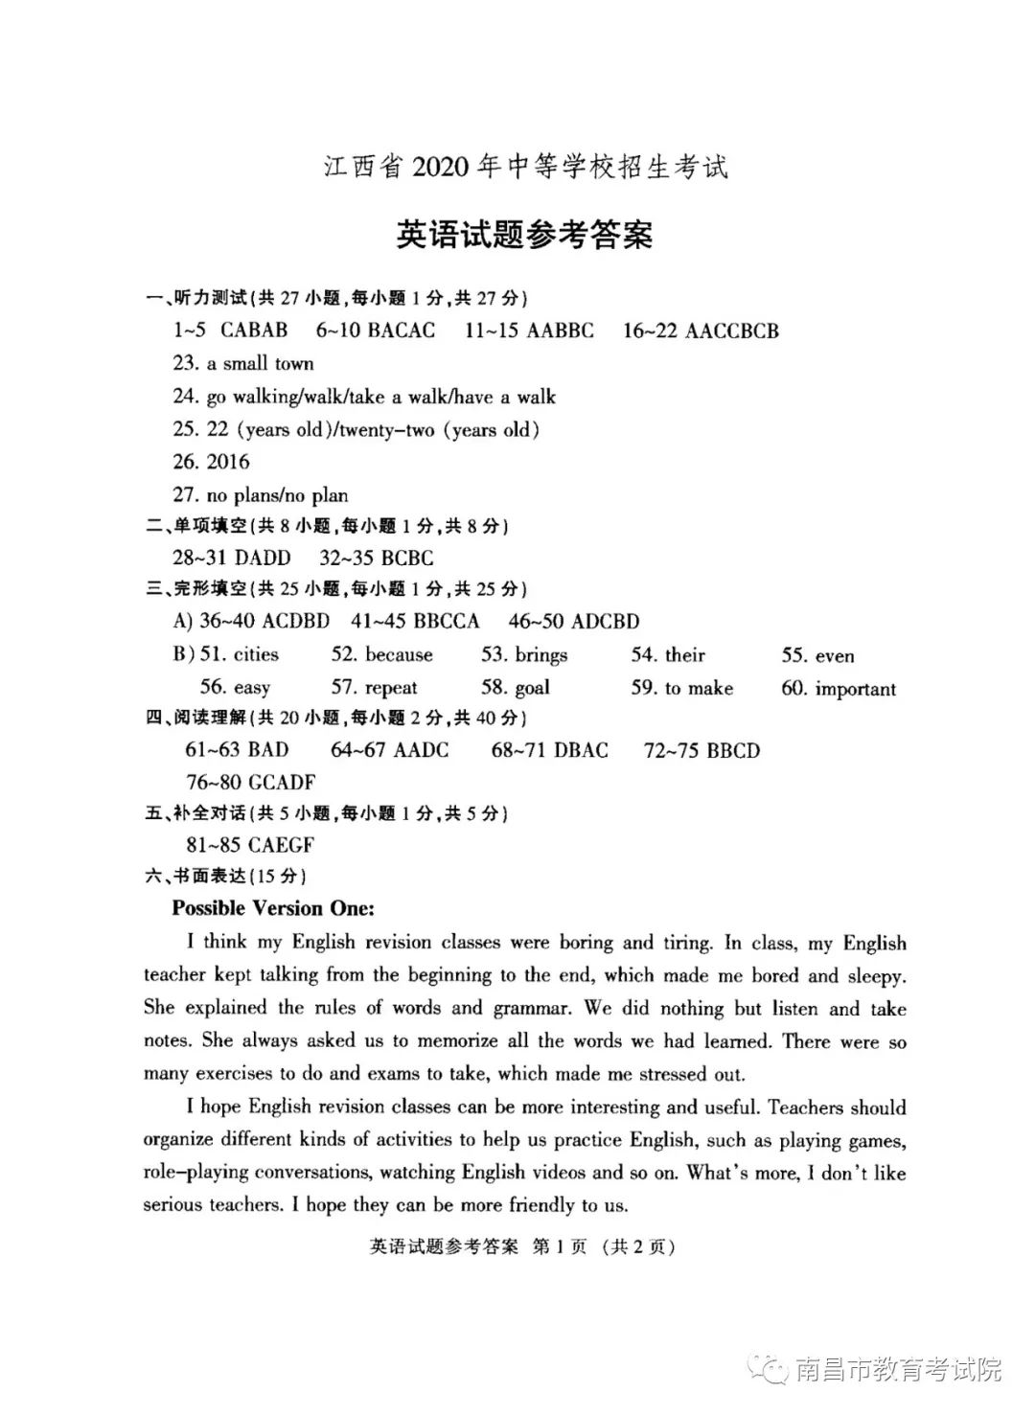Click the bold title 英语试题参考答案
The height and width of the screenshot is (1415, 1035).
coord(524,235)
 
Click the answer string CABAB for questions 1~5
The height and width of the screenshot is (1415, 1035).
coord(254,331)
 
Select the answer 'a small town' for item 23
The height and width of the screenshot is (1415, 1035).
coord(261,364)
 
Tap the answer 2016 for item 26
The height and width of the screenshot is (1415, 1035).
coord(228,462)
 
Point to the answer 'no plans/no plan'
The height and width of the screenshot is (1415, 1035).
coord(277,495)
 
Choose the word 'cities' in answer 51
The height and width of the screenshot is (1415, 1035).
coord(256,655)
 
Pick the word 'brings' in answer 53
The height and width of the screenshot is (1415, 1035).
coord(541,655)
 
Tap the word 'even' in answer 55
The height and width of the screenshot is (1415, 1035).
coord(835,656)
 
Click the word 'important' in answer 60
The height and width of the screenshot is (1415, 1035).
coord(856,689)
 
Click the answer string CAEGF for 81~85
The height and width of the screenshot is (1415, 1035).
coord(281,845)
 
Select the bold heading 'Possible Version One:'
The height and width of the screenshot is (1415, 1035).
coord(273,908)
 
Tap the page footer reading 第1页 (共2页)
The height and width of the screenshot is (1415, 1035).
coord(604,1246)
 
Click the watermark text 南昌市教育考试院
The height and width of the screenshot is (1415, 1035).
coord(898,1370)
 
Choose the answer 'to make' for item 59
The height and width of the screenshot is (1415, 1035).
coord(699,688)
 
